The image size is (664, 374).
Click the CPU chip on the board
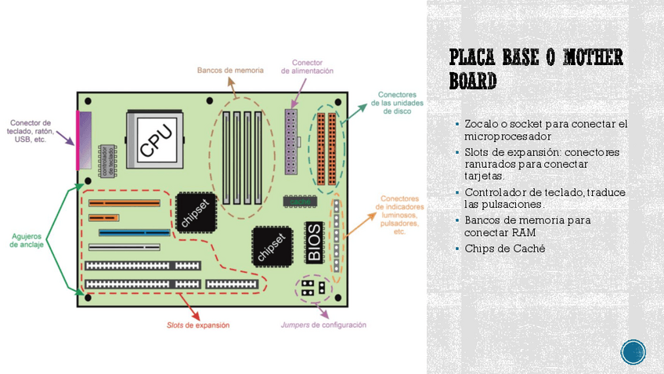point(155,140)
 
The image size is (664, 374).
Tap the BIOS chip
point(313,243)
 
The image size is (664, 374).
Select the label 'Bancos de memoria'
point(225,70)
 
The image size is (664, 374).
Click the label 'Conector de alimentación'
point(307,67)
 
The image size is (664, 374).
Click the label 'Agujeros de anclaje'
point(27,240)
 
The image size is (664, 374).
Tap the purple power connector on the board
point(291,143)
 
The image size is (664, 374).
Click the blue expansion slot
point(134,233)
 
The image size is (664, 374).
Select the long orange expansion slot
point(124,203)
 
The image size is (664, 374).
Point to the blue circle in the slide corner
point(633,352)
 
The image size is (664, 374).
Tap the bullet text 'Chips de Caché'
point(504,249)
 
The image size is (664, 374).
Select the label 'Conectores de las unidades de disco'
point(396,103)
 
